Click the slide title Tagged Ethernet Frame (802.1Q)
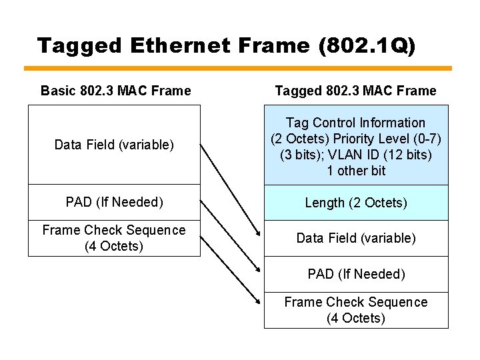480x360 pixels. pos(226,45)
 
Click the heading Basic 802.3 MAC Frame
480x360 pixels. pos(115,91)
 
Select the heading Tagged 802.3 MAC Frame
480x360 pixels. pos(355,91)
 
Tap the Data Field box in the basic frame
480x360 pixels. pos(114,145)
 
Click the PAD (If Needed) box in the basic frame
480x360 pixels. pos(114,202)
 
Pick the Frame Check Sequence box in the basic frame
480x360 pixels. pos(114,238)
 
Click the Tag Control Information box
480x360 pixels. pos(356,145)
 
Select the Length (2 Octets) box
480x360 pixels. pos(356,203)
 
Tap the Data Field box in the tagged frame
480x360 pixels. pos(356,238)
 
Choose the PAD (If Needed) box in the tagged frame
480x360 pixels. pos(356,274)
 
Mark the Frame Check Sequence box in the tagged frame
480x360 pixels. pos(356,310)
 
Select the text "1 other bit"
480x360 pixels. pos(356,171)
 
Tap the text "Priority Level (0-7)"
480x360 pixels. pos(387,139)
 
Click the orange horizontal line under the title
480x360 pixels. pos(238,68)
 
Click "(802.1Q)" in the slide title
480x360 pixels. pos(367,45)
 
